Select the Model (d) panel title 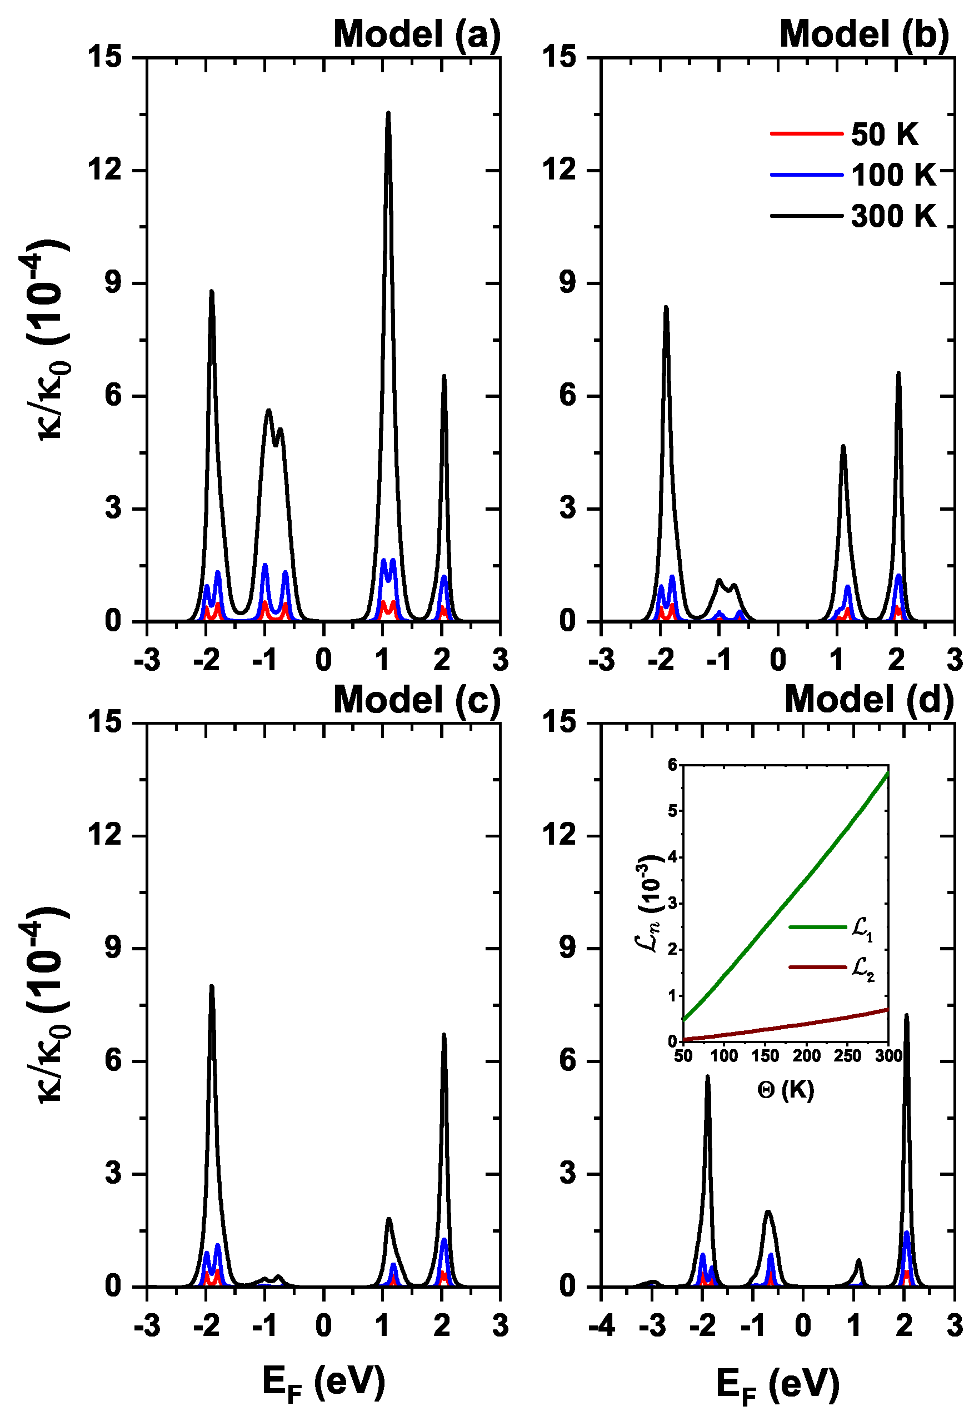(869, 699)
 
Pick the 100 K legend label (893, 175)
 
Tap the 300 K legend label (893, 216)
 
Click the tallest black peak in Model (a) (388, 114)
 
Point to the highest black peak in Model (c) (212, 986)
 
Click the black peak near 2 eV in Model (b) (898, 373)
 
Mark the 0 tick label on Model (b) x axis (778, 660)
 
